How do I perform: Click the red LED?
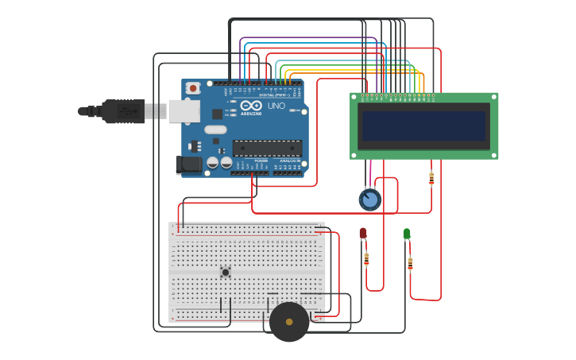tap(363, 233)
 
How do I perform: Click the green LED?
tap(407, 234)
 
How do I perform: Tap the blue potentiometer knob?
tap(369, 199)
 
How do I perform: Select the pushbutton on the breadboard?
tap(225, 273)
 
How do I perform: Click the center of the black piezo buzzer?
tap(289, 322)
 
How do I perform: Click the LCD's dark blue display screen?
tap(423, 126)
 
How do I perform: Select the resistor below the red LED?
tap(366, 258)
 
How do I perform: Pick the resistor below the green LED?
tap(410, 262)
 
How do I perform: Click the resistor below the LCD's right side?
tap(431, 178)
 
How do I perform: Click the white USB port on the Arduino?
tap(184, 110)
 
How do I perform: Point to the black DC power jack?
tap(189, 165)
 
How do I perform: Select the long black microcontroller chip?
tap(267, 148)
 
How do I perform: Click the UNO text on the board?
tap(276, 106)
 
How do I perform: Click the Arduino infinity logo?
tap(251, 106)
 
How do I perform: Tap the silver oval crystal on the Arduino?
tap(215, 130)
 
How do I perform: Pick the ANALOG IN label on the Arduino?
tap(289, 161)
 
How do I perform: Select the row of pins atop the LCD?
tap(397, 98)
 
